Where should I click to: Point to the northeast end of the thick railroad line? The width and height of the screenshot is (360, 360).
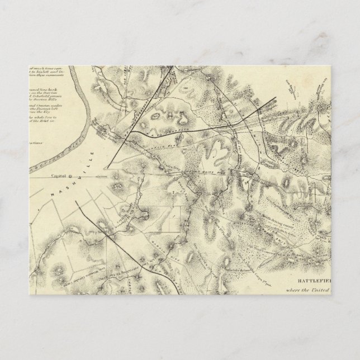coord(278,99)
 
